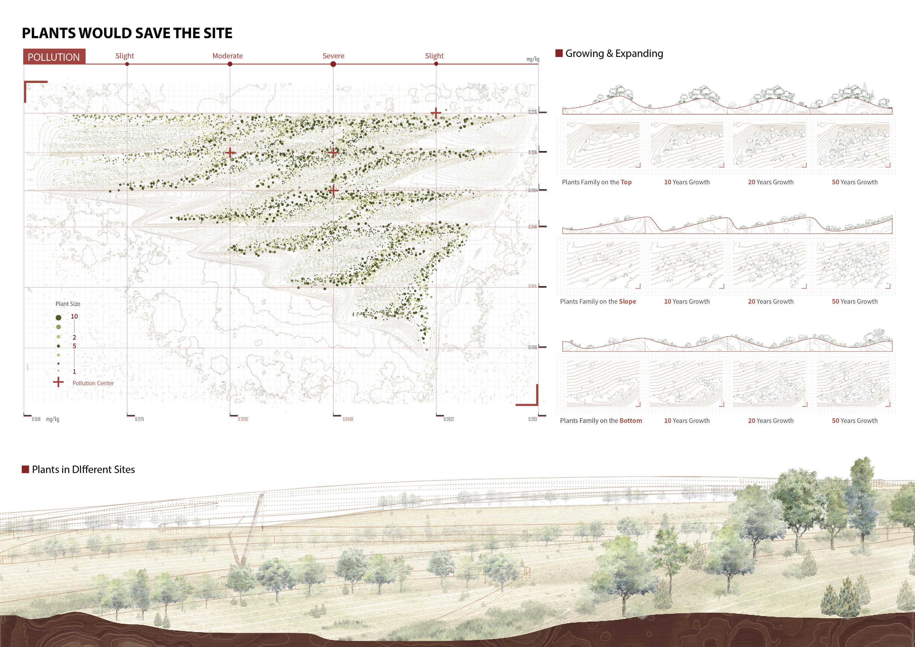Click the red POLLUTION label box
[54, 57]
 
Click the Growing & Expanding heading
[614, 53]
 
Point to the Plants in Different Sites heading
[83, 470]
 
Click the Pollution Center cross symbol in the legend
[58, 382]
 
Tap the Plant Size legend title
[68, 304]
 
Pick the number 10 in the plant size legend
[74, 316]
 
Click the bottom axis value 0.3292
[243, 419]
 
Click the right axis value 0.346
[532, 227]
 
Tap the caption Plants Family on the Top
[597, 182]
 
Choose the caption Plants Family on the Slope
[598, 302]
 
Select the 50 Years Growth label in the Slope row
[854, 302]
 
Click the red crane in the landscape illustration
[247, 530]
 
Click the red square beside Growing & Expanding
[559, 53]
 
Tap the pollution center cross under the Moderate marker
[230, 152]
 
